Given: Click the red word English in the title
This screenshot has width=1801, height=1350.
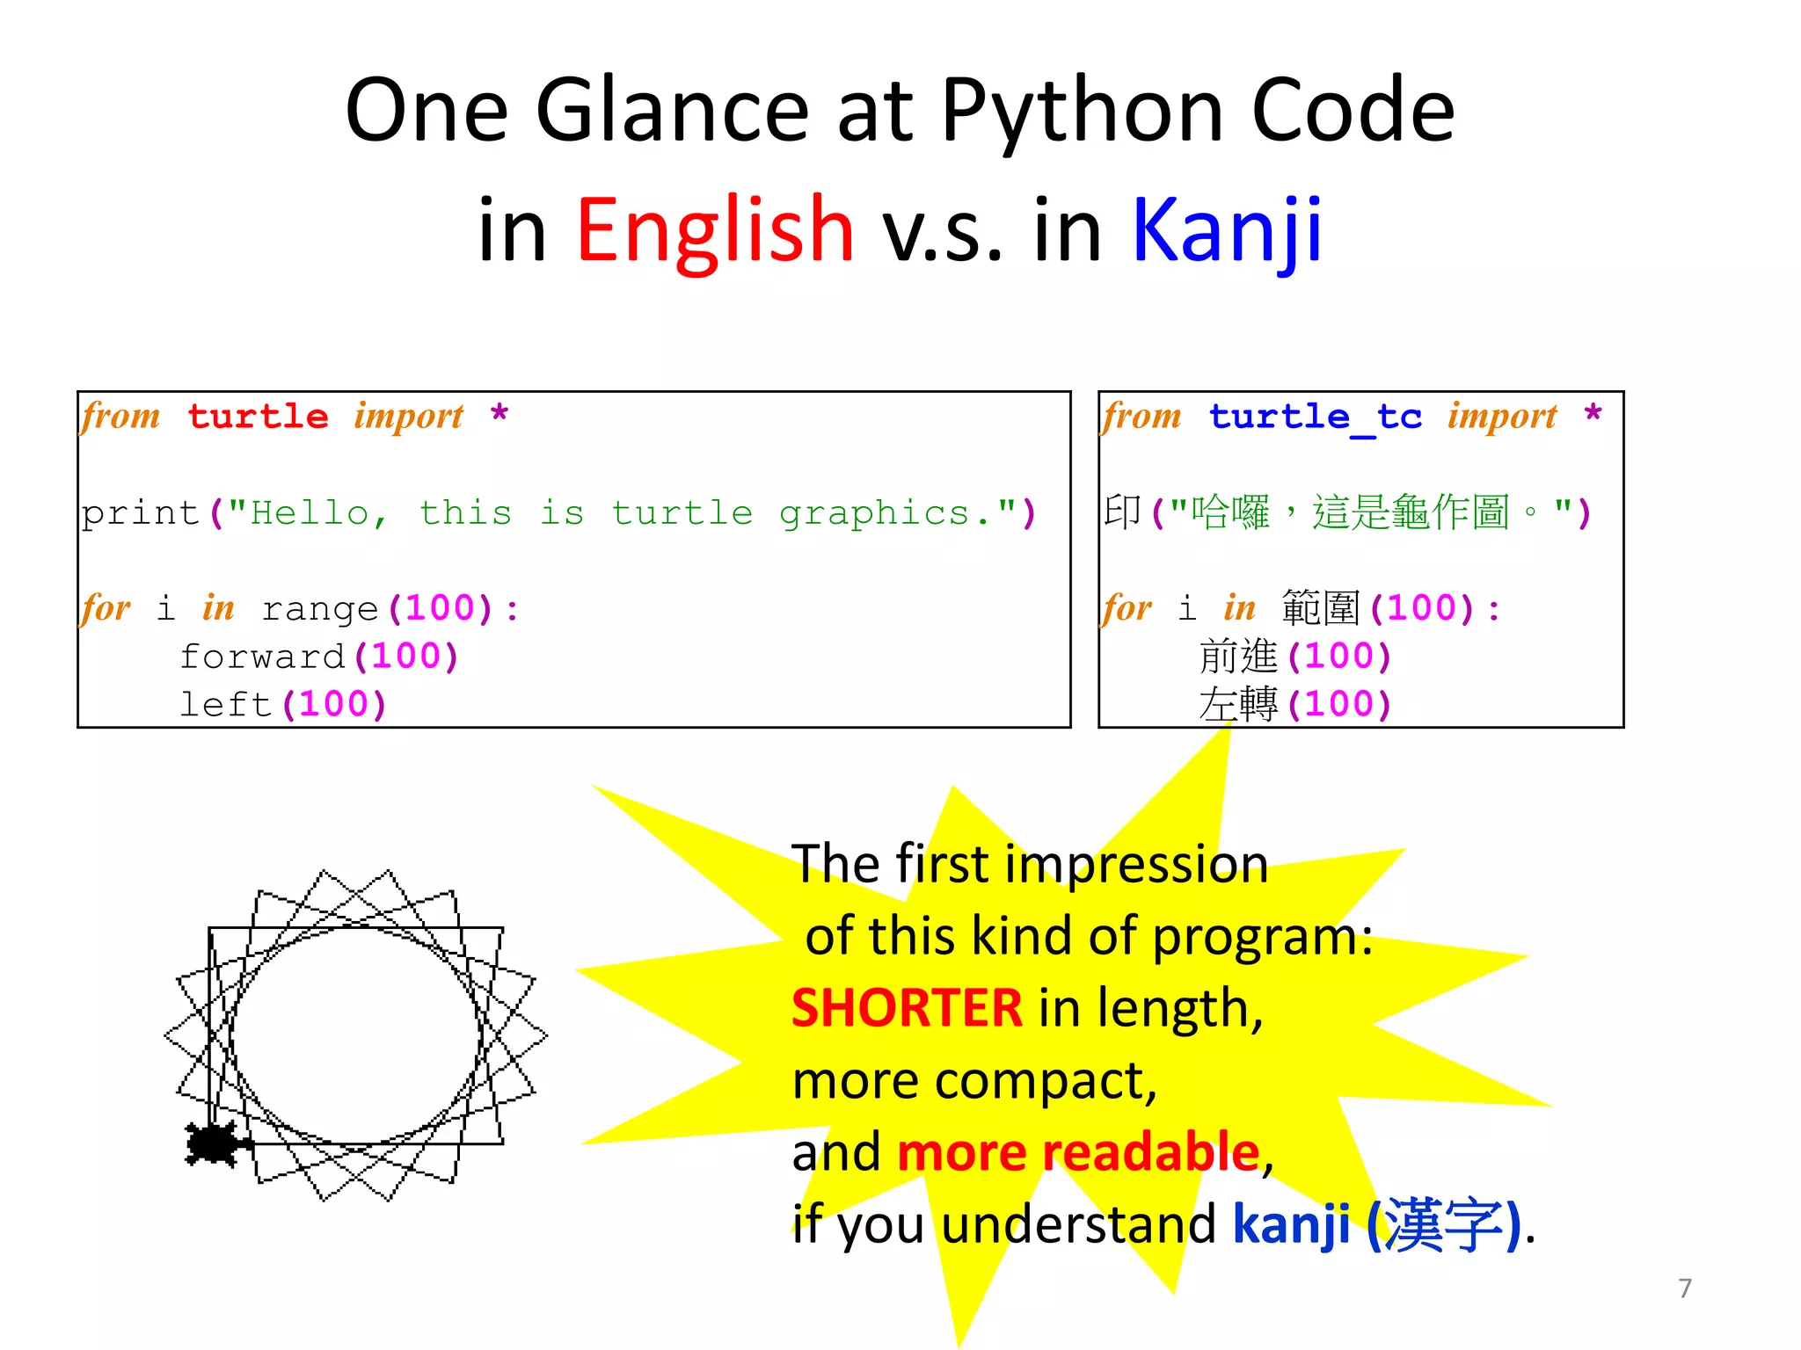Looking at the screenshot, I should (x=714, y=230).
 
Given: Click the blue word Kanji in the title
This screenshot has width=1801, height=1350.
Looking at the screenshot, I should (x=1227, y=230).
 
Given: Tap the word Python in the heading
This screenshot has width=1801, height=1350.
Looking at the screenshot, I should (x=1082, y=111).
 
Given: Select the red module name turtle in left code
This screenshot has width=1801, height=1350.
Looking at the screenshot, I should (x=258, y=416).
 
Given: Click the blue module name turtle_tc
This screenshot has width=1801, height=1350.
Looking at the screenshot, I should (x=1315, y=416).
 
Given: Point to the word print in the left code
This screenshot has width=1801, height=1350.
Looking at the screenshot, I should (x=141, y=513).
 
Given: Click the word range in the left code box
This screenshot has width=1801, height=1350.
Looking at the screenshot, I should (x=320, y=608).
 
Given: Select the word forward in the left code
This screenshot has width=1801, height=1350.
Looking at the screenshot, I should (x=262, y=657).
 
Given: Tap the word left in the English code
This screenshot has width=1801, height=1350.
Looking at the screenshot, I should (x=225, y=705).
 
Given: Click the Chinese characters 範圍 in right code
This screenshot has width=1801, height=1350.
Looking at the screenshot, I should (x=1321, y=608).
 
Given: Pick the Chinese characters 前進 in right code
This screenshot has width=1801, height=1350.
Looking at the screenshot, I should (x=1238, y=657).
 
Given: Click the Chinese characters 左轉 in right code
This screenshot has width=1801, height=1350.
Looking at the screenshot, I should (x=1238, y=705).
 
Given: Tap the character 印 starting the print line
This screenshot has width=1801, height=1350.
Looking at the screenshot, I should (x=1122, y=512).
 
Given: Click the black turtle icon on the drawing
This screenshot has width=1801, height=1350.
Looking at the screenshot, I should (x=214, y=1143).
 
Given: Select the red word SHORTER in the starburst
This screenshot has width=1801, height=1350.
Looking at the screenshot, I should (x=907, y=1008).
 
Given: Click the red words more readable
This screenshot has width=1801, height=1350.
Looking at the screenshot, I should (x=1078, y=1152).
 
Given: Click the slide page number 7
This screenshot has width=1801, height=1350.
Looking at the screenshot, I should (x=1684, y=1288).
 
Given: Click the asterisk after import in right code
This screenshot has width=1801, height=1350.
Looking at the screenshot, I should (x=1593, y=413).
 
